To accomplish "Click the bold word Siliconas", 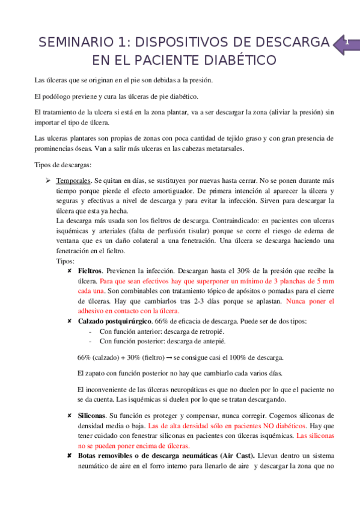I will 93,416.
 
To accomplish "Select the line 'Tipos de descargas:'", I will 62,165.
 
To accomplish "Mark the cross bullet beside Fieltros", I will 71,271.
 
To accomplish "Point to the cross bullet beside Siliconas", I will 71,416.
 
